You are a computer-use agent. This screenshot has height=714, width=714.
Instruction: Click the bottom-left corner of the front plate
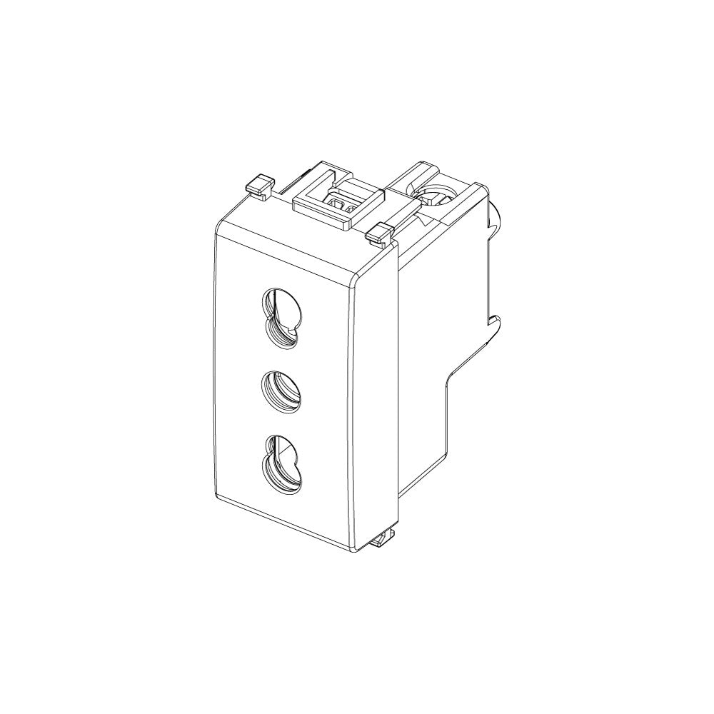tap(216, 494)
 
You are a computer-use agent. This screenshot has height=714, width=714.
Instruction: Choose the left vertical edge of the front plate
tap(214, 357)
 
